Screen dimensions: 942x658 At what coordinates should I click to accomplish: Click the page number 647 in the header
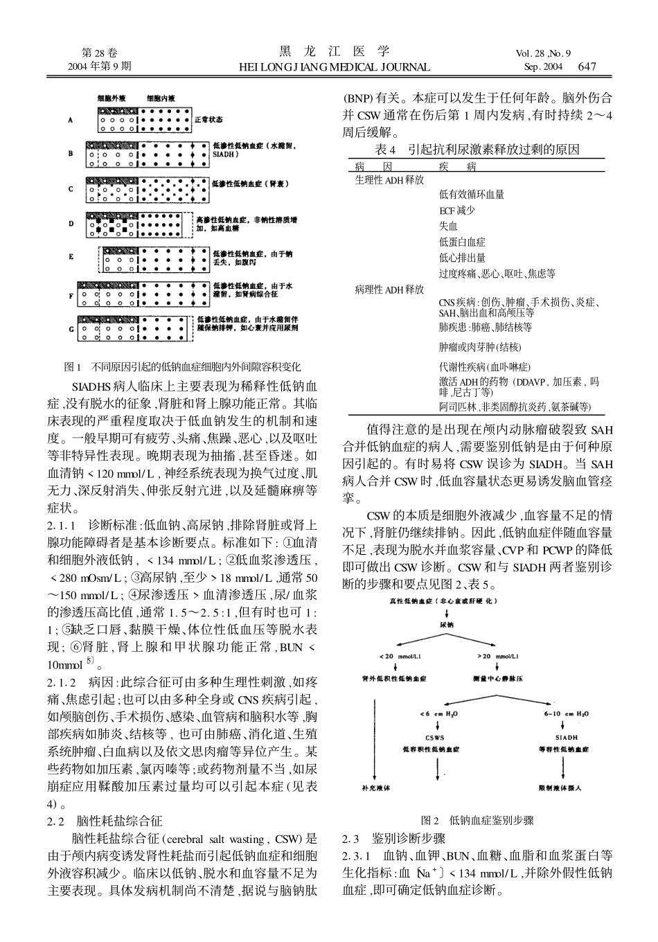(x=587, y=66)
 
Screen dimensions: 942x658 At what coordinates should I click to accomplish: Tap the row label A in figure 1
(x=70, y=120)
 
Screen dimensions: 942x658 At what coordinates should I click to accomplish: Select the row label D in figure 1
(x=70, y=223)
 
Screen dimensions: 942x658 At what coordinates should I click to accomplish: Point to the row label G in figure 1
(x=70, y=329)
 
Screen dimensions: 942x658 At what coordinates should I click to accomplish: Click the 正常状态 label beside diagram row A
(x=208, y=120)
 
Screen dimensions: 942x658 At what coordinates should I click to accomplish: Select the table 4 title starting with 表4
(x=476, y=150)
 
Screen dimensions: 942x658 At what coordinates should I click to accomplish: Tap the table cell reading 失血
(x=448, y=226)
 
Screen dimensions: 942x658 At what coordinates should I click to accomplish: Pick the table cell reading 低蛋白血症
(x=462, y=242)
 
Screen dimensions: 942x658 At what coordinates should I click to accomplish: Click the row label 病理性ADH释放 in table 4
(x=389, y=289)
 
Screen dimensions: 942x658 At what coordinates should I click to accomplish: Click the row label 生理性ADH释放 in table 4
(x=389, y=180)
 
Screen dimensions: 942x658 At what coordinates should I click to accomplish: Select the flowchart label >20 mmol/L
(x=498, y=656)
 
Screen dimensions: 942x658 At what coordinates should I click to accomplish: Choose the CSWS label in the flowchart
(x=434, y=737)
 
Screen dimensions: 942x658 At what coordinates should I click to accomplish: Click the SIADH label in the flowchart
(x=566, y=737)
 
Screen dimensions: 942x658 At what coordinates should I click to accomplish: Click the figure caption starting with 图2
(x=477, y=820)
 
